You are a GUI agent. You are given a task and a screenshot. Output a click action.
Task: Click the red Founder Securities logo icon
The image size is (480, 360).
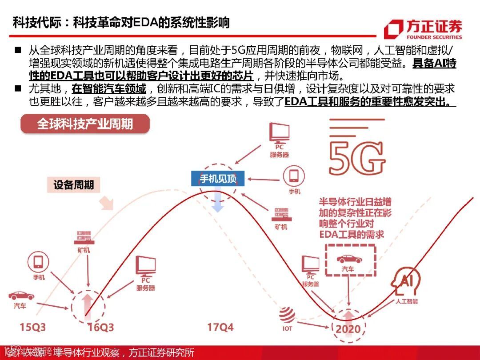[394, 29]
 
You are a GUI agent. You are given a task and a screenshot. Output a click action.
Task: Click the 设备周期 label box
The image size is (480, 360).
[74, 185]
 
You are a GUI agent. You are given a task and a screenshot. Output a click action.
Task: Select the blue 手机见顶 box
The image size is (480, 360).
[218, 179]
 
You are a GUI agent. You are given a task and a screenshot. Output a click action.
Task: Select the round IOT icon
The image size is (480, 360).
[287, 316]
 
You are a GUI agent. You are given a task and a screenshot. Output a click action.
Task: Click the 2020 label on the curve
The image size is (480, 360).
[348, 329]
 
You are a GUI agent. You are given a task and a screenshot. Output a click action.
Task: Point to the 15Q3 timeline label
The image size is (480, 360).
[32, 328]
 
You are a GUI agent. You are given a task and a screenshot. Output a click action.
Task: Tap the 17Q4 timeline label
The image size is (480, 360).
[220, 328]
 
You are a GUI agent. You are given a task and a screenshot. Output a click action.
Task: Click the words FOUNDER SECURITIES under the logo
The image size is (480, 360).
[434, 37]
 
